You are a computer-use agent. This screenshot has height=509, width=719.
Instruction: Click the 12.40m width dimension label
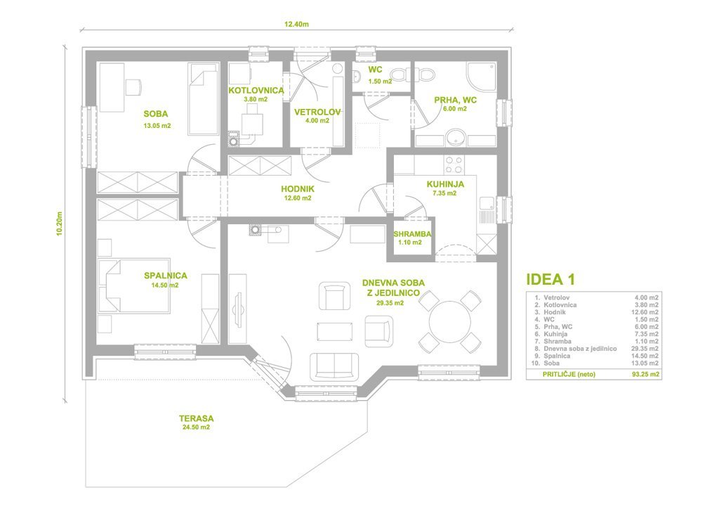click(x=296, y=25)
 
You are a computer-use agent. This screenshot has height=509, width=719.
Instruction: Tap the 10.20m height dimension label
click(x=59, y=223)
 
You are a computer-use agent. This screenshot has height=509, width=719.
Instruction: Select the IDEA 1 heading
click(x=550, y=279)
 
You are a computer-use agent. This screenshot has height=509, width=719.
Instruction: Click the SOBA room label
click(x=156, y=114)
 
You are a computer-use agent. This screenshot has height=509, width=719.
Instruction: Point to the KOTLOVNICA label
click(x=256, y=91)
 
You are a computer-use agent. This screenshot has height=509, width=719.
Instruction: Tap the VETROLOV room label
click(x=317, y=112)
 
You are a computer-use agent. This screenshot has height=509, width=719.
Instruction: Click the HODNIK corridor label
click(x=298, y=189)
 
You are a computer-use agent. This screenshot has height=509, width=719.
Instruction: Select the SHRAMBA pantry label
click(x=412, y=234)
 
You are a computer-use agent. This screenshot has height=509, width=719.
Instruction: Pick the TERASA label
click(x=197, y=418)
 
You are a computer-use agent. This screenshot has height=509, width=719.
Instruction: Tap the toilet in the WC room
click(x=413, y=74)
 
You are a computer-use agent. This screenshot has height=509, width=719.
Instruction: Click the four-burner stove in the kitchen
click(x=454, y=165)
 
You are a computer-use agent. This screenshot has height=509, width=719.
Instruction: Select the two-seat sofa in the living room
click(x=335, y=366)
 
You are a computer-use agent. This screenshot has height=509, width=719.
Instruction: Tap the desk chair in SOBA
click(x=133, y=86)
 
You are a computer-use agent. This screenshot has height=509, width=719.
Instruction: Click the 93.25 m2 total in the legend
click(x=645, y=374)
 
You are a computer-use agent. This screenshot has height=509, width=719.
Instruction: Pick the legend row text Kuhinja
click(x=555, y=334)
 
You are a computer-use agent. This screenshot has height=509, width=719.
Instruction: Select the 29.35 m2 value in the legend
click(x=645, y=349)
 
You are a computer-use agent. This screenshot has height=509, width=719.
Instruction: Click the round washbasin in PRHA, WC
click(x=456, y=137)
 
